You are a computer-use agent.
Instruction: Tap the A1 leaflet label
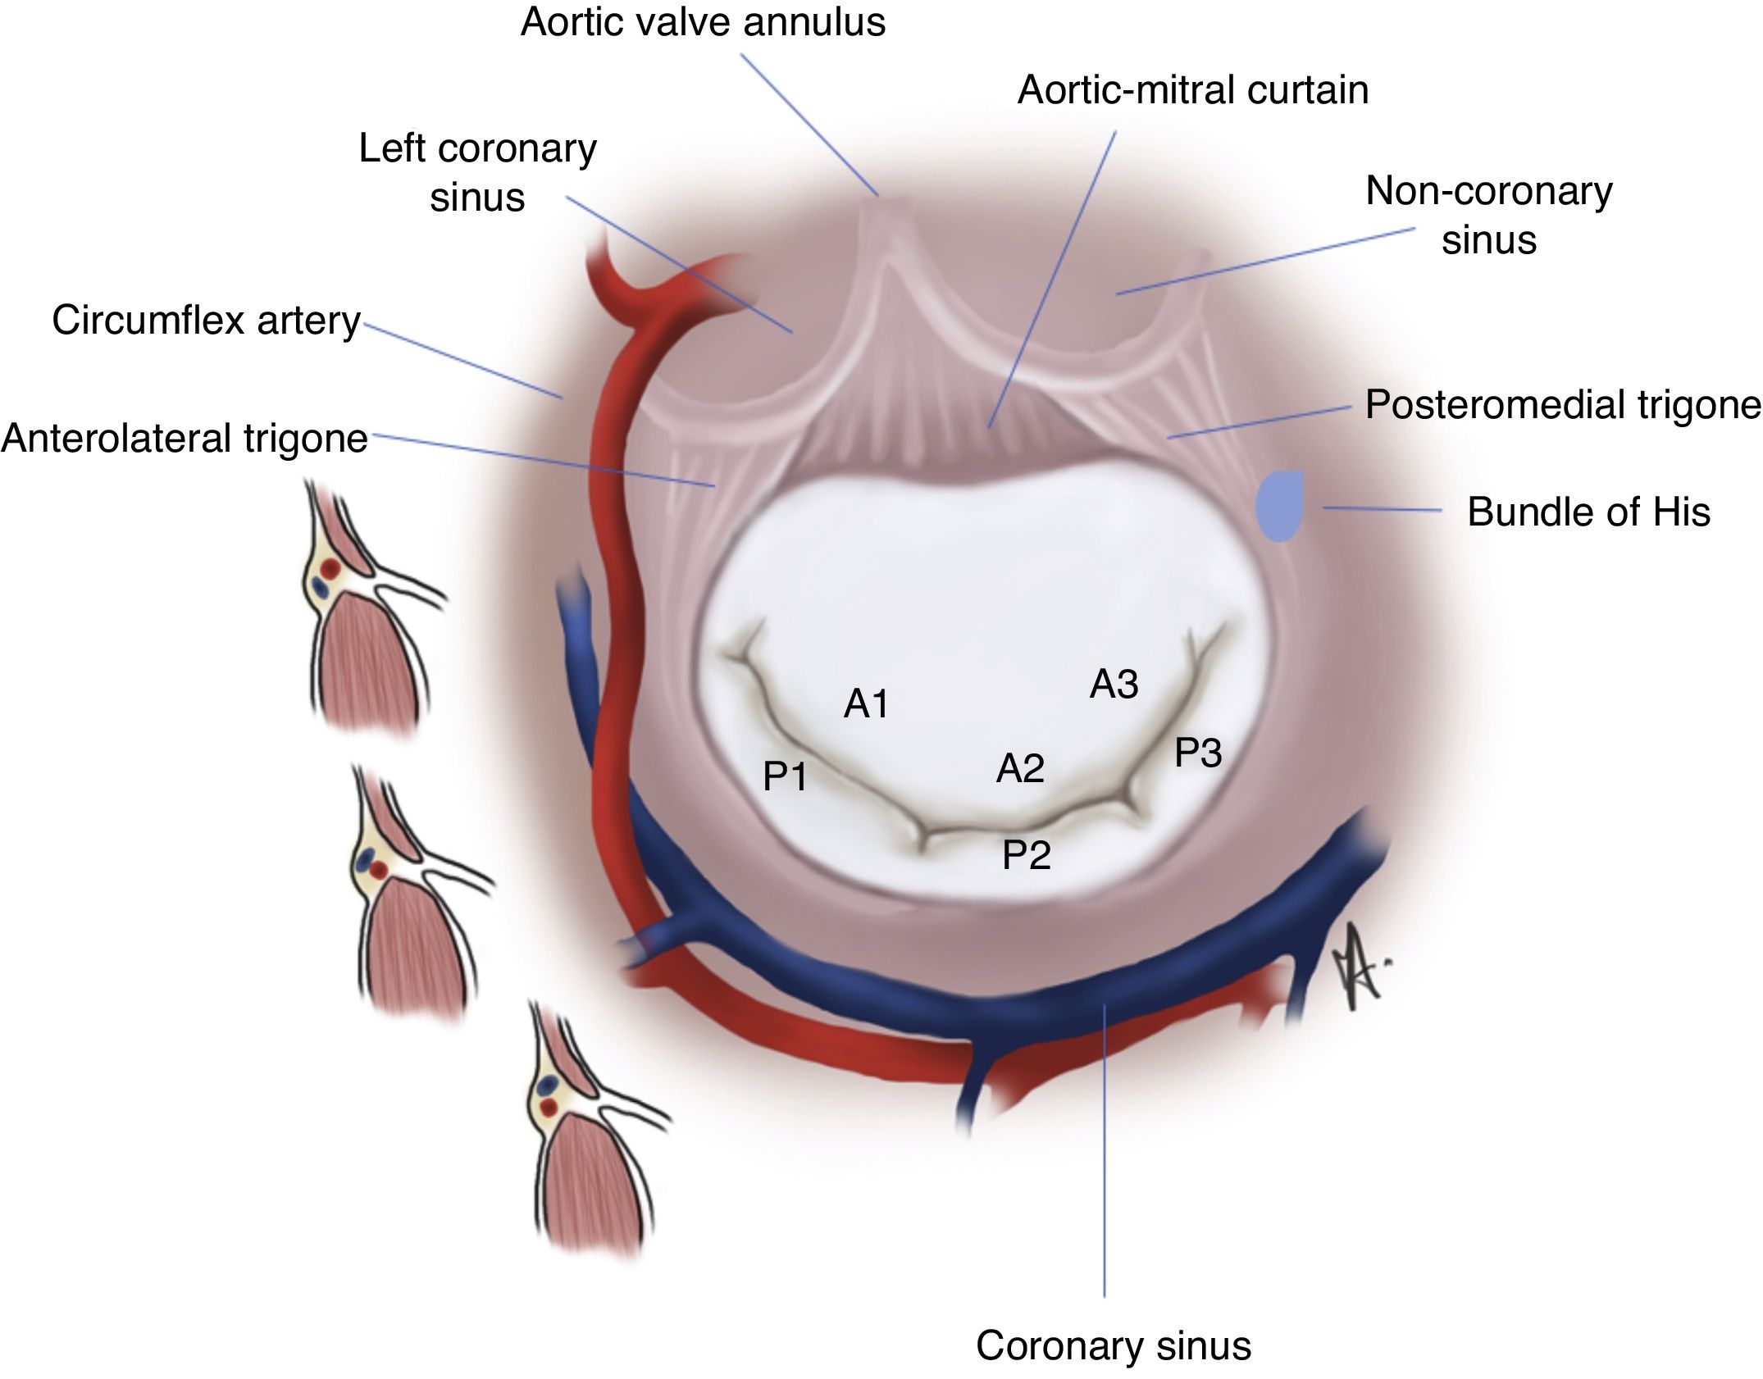[866, 703]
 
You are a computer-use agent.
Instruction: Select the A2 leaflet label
[1020, 768]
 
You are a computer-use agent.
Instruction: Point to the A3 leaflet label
[1114, 684]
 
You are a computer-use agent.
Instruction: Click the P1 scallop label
[785, 776]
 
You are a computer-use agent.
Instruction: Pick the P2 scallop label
[1026, 855]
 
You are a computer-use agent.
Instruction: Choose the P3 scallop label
[1198, 753]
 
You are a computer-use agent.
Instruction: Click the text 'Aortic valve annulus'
[703, 22]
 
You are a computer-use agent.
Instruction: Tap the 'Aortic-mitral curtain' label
[1192, 90]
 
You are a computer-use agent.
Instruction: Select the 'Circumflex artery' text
[206, 320]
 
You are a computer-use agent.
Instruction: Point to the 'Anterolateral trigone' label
[184, 438]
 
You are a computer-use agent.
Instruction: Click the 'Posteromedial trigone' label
[1562, 404]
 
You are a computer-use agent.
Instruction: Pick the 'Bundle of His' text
[1588, 512]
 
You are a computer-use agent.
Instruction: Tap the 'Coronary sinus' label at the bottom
[1113, 1345]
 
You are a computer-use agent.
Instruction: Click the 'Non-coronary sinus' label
[1488, 215]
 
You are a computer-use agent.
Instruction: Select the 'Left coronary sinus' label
[477, 172]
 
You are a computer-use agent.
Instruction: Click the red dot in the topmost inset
[330, 568]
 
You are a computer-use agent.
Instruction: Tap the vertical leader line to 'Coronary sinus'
[1104, 1148]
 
